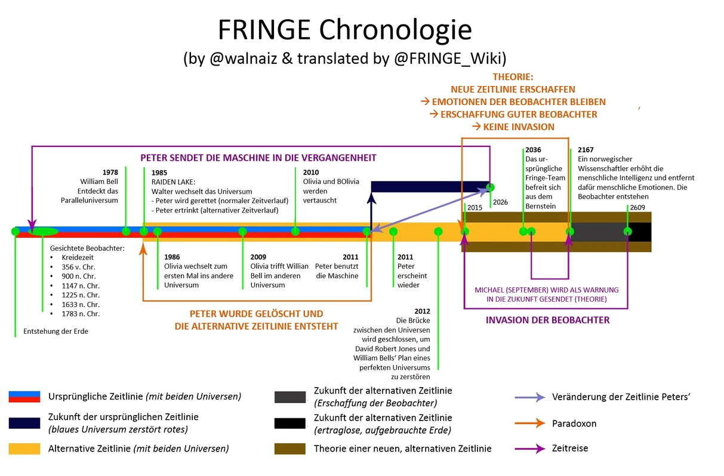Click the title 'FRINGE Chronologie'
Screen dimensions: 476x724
(344, 29)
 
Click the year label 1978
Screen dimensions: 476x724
(110, 173)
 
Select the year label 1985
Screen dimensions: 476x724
(160, 173)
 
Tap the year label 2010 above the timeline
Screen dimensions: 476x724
(311, 172)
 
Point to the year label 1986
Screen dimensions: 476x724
(172, 257)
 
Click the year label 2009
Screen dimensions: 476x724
(258, 257)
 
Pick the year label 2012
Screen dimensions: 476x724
(421, 311)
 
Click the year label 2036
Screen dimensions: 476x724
(533, 151)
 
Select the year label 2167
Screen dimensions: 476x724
(586, 151)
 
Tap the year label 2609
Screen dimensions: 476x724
(636, 207)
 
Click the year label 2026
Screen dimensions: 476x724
(500, 202)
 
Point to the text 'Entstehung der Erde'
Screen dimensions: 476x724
(56, 331)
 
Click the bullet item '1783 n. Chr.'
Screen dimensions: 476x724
(81, 314)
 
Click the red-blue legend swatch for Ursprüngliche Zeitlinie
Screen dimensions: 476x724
(24, 397)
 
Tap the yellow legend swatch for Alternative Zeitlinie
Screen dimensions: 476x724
(24, 449)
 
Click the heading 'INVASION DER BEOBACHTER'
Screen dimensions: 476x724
(547, 320)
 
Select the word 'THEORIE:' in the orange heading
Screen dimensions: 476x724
(513, 77)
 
